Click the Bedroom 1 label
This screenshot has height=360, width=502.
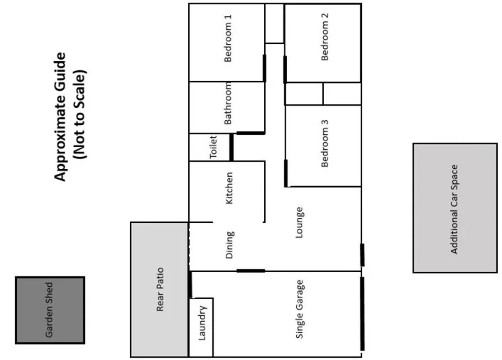228,38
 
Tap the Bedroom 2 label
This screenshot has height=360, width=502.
324,37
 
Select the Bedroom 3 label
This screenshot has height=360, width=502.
324,143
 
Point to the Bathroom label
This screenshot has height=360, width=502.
228,104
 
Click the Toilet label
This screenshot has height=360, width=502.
213,147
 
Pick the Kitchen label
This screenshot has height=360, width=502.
229,188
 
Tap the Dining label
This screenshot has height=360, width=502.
229,245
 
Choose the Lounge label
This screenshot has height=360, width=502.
299,222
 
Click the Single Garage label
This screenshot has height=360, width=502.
299,310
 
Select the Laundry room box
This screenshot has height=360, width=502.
201,327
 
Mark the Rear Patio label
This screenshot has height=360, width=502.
160,290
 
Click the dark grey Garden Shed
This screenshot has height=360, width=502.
50,310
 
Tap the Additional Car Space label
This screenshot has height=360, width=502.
454,209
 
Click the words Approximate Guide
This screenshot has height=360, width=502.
60,116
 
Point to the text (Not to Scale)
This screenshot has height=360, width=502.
80,114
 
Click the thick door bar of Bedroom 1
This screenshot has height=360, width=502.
264,68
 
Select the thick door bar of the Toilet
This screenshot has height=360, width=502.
231,147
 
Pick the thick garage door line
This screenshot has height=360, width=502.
362,314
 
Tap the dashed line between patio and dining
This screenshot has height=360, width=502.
189,246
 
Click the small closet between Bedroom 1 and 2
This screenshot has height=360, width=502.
275,23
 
